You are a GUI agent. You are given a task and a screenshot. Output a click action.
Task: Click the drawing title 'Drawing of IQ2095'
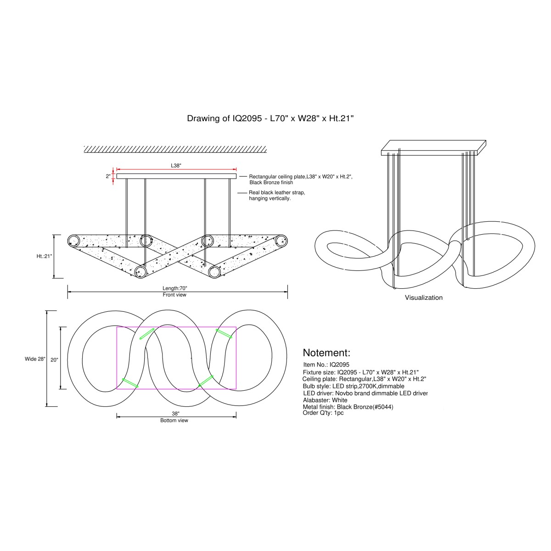pyautogui.click(x=224, y=118)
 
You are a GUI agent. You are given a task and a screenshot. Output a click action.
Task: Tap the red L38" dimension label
pyautogui.click(x=176, y=166)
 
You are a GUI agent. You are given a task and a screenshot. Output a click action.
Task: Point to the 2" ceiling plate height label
pyautogui.click(x=108, y=176)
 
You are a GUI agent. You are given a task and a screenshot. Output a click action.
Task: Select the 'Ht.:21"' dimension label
pyautogui.click(x=45, y=256)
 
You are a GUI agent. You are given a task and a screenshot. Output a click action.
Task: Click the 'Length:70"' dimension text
pyautogui.click(x=174, y=288)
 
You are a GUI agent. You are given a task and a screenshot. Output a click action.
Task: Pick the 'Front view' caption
pyautogui.click(x=174, y=295)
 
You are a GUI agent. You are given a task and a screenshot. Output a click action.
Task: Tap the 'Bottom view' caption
pyautogui.click(x=174, y=421)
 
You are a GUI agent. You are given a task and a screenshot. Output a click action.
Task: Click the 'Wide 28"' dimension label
pyautogui.click(x=35, y=359)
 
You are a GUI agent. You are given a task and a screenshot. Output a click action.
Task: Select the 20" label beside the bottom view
pyautogui.click(x=54, y=360)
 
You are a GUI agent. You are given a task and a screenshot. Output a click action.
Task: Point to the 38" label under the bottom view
pyautogui.click(x=175, y=414)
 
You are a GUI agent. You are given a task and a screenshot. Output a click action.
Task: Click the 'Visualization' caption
pyautogui.click(x=423, y=298)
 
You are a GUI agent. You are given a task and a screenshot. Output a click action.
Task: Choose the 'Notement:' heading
pyautogui.click(x=326, y=353)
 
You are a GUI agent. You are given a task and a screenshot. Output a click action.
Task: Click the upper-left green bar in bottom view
pyautogui.click(x=147, y=334)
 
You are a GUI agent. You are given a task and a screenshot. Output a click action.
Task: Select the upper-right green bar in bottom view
pyautogui.click(x=224, y=334)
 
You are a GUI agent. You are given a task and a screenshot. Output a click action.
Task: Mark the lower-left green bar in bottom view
pyautogui.click(x=130, y=383)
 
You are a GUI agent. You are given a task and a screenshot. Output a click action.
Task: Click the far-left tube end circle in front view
pyautogui.click(x=73, y=241)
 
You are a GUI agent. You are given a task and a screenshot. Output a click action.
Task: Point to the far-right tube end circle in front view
pyautogui.click(x=281, y=241)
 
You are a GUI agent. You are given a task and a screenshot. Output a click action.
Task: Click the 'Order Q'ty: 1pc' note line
pyautogui.click(x=323, y=413)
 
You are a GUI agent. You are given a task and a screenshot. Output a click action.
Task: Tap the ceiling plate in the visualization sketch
pyautogui.click(x=433, y=148)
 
